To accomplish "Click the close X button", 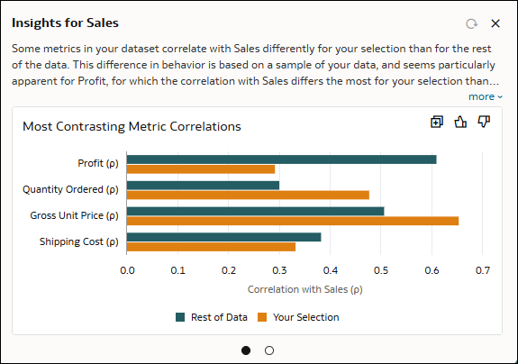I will (x=495, y=23).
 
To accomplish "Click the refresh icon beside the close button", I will (x=470, y=23).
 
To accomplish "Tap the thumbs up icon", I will (x=460, y=122).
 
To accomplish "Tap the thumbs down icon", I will (x=484, y=122).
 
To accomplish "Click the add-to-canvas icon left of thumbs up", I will (x=437, y=122).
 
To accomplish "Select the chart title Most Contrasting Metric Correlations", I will (x=132, y=127).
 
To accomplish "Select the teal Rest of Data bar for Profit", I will (x=281, y=159).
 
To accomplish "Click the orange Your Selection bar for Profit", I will (x=200, y=168).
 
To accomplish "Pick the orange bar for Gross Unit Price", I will (x=292, y=221).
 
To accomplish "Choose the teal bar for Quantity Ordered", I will (x=203, y=186).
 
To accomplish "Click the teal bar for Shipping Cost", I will (x=223, y=237).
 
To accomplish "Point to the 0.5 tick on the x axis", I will (x=381, y=269).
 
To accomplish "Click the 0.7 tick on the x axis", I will (x=483, y=269).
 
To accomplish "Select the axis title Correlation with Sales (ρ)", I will (x=304, y=289).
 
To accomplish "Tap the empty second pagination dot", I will (x=269, y=350).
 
